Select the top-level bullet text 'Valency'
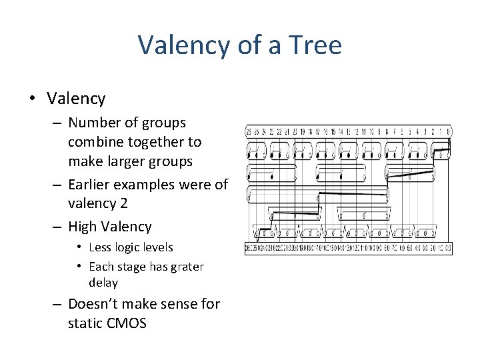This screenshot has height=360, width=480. pos(76,99)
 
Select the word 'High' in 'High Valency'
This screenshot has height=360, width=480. pos(83,227)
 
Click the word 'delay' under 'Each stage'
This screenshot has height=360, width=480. pos(103,283)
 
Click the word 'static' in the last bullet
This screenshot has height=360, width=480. pos(85,323)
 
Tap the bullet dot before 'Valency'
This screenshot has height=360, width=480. pos(32,99)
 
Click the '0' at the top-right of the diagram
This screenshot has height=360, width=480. pos(449,131)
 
